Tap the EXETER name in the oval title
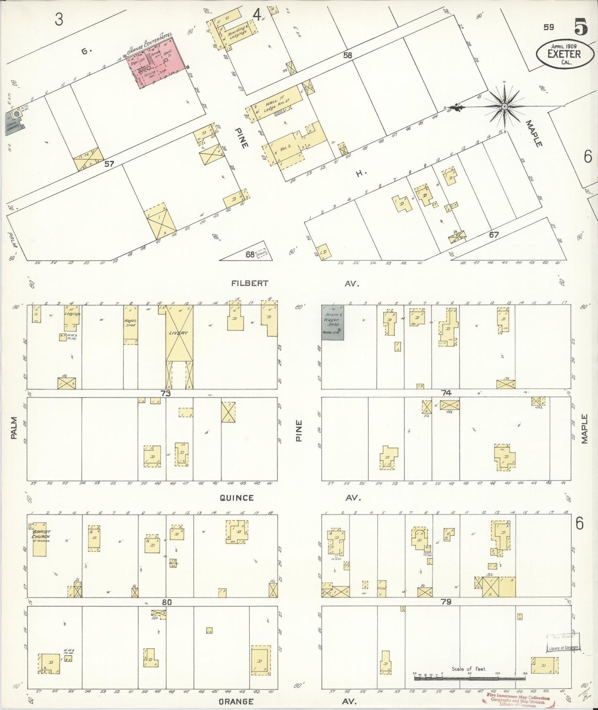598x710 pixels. (564, 54)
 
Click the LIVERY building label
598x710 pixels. (178, 333)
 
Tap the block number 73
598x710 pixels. (166, 394)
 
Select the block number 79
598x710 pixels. (446, 601)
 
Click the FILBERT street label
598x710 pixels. (250, 284)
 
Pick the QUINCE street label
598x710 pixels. (237, 498)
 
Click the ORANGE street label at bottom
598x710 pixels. (236, 701)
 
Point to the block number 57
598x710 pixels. (109, 164)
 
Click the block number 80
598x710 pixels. (166, 602)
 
